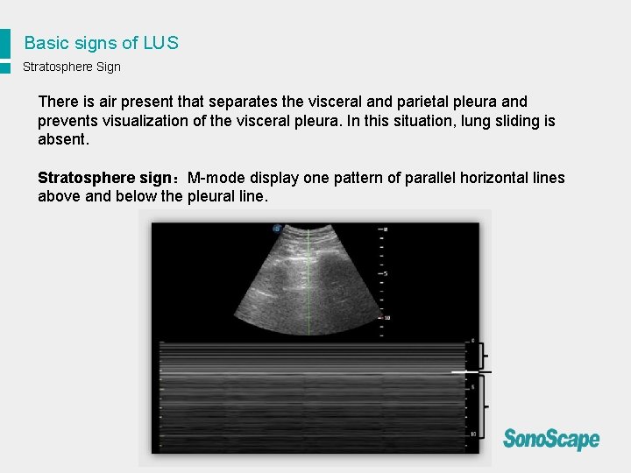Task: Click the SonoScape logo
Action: click(551, 439)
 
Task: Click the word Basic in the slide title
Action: click(44, 43)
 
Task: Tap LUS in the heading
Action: click(160, 43)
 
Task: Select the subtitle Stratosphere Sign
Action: click(72, 67)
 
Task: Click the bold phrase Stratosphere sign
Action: click(104, 179)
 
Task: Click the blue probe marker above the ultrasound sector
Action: click(277, 229)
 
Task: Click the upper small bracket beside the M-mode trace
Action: click(481, 356)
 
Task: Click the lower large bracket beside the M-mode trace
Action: click(481, 406)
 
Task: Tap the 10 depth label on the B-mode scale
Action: click(386, 317)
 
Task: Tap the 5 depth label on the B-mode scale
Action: click(386, 274)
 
